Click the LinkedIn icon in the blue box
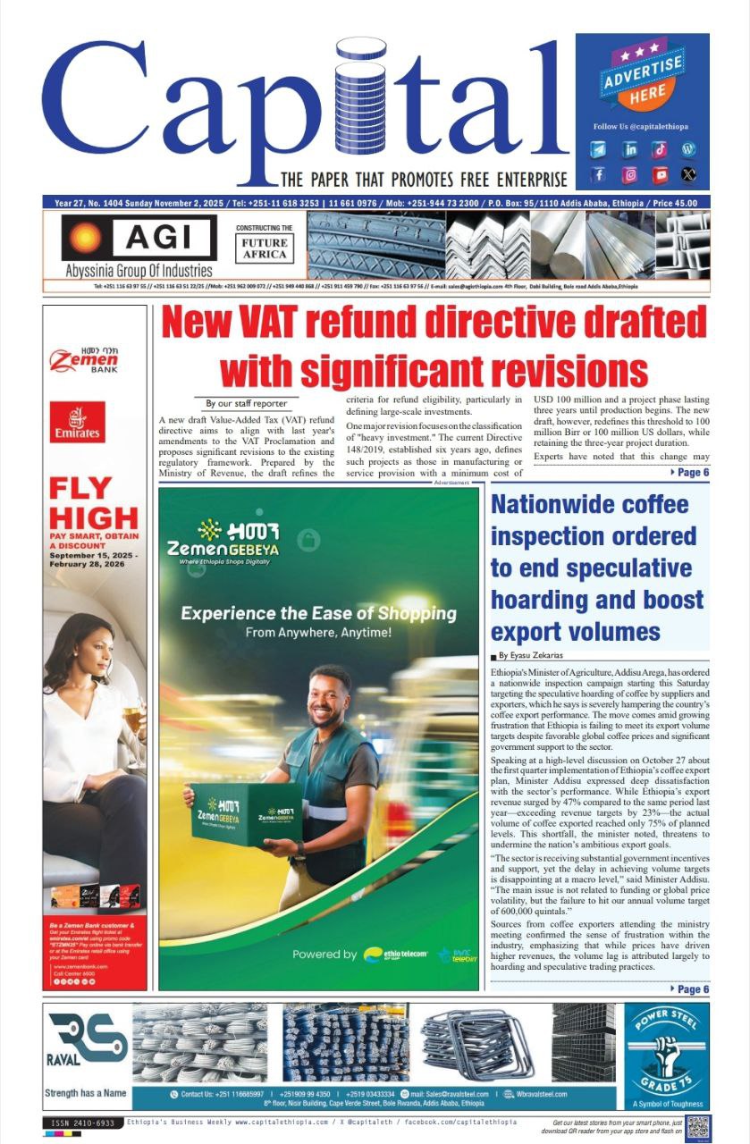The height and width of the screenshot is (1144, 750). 629,149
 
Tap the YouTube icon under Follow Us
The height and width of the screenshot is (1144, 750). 660,175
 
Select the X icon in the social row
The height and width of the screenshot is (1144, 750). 687,175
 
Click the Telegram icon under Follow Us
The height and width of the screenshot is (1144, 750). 599,149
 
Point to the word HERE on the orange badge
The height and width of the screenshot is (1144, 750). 647,91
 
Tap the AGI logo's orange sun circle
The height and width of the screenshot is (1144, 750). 86,237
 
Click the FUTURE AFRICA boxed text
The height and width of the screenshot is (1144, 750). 265,248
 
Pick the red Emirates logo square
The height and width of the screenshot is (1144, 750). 77,423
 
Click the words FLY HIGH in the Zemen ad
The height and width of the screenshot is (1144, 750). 93,502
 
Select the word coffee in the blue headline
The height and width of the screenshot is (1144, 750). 645,505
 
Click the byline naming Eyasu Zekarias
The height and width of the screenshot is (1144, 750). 535,656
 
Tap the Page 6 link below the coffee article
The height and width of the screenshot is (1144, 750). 688,989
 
